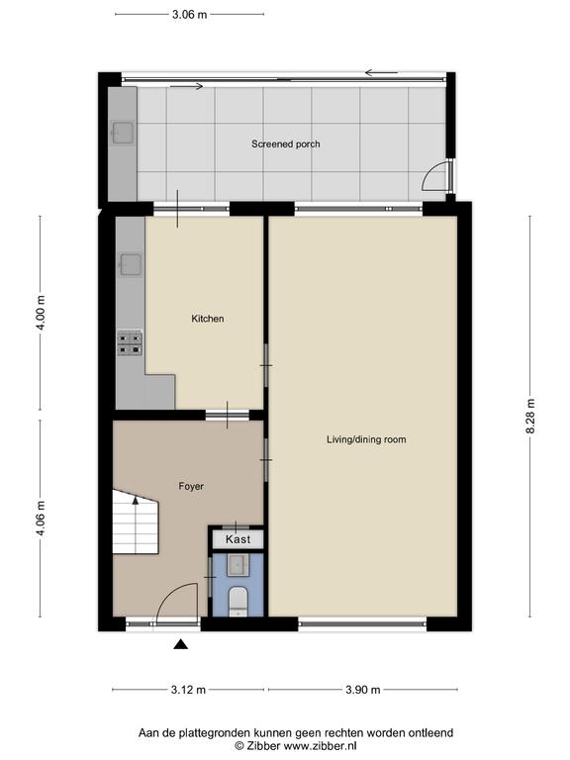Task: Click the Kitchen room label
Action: [208, 319]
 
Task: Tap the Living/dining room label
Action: [366, 439]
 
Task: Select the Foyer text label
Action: [191, 486]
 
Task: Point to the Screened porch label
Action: [285, 143]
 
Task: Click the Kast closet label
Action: [237, 539]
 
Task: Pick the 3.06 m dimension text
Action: [190, 15]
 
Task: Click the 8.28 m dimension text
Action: [530, 417]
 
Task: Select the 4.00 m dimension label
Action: [41, 313]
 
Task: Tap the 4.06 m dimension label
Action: [41, 519]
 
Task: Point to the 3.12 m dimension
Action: [188, 689]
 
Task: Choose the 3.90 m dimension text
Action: [362, 689]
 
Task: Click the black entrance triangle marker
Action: [181, 644]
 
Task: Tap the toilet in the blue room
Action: [237, 601]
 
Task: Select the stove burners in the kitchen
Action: [130, 343]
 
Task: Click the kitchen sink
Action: [131, 264]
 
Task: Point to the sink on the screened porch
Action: [123, 133]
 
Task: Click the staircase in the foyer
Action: [136, 522]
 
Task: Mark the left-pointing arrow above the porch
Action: [381, 73]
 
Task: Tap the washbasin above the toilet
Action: [237, 565]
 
